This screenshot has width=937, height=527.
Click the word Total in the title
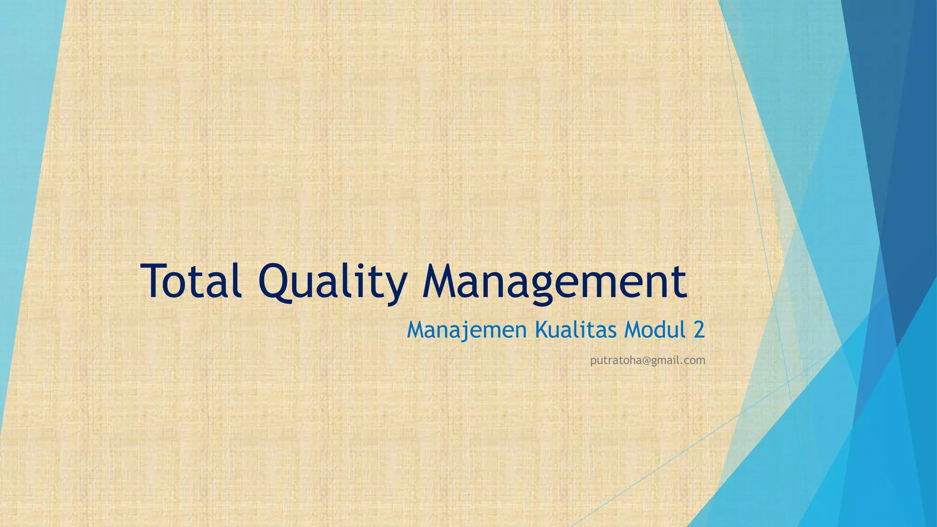(192, 280)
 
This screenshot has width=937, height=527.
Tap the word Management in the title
(554, 281)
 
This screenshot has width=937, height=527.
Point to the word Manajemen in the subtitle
(467, 330)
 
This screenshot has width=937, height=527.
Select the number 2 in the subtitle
(699, 330)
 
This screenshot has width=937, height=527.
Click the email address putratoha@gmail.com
(647, 360)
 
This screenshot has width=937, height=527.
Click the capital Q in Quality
(276, 281)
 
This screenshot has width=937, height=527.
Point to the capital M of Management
(442, 280)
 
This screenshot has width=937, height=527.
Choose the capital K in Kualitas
(542, 330)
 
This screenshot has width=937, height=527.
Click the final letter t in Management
(680, 281)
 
